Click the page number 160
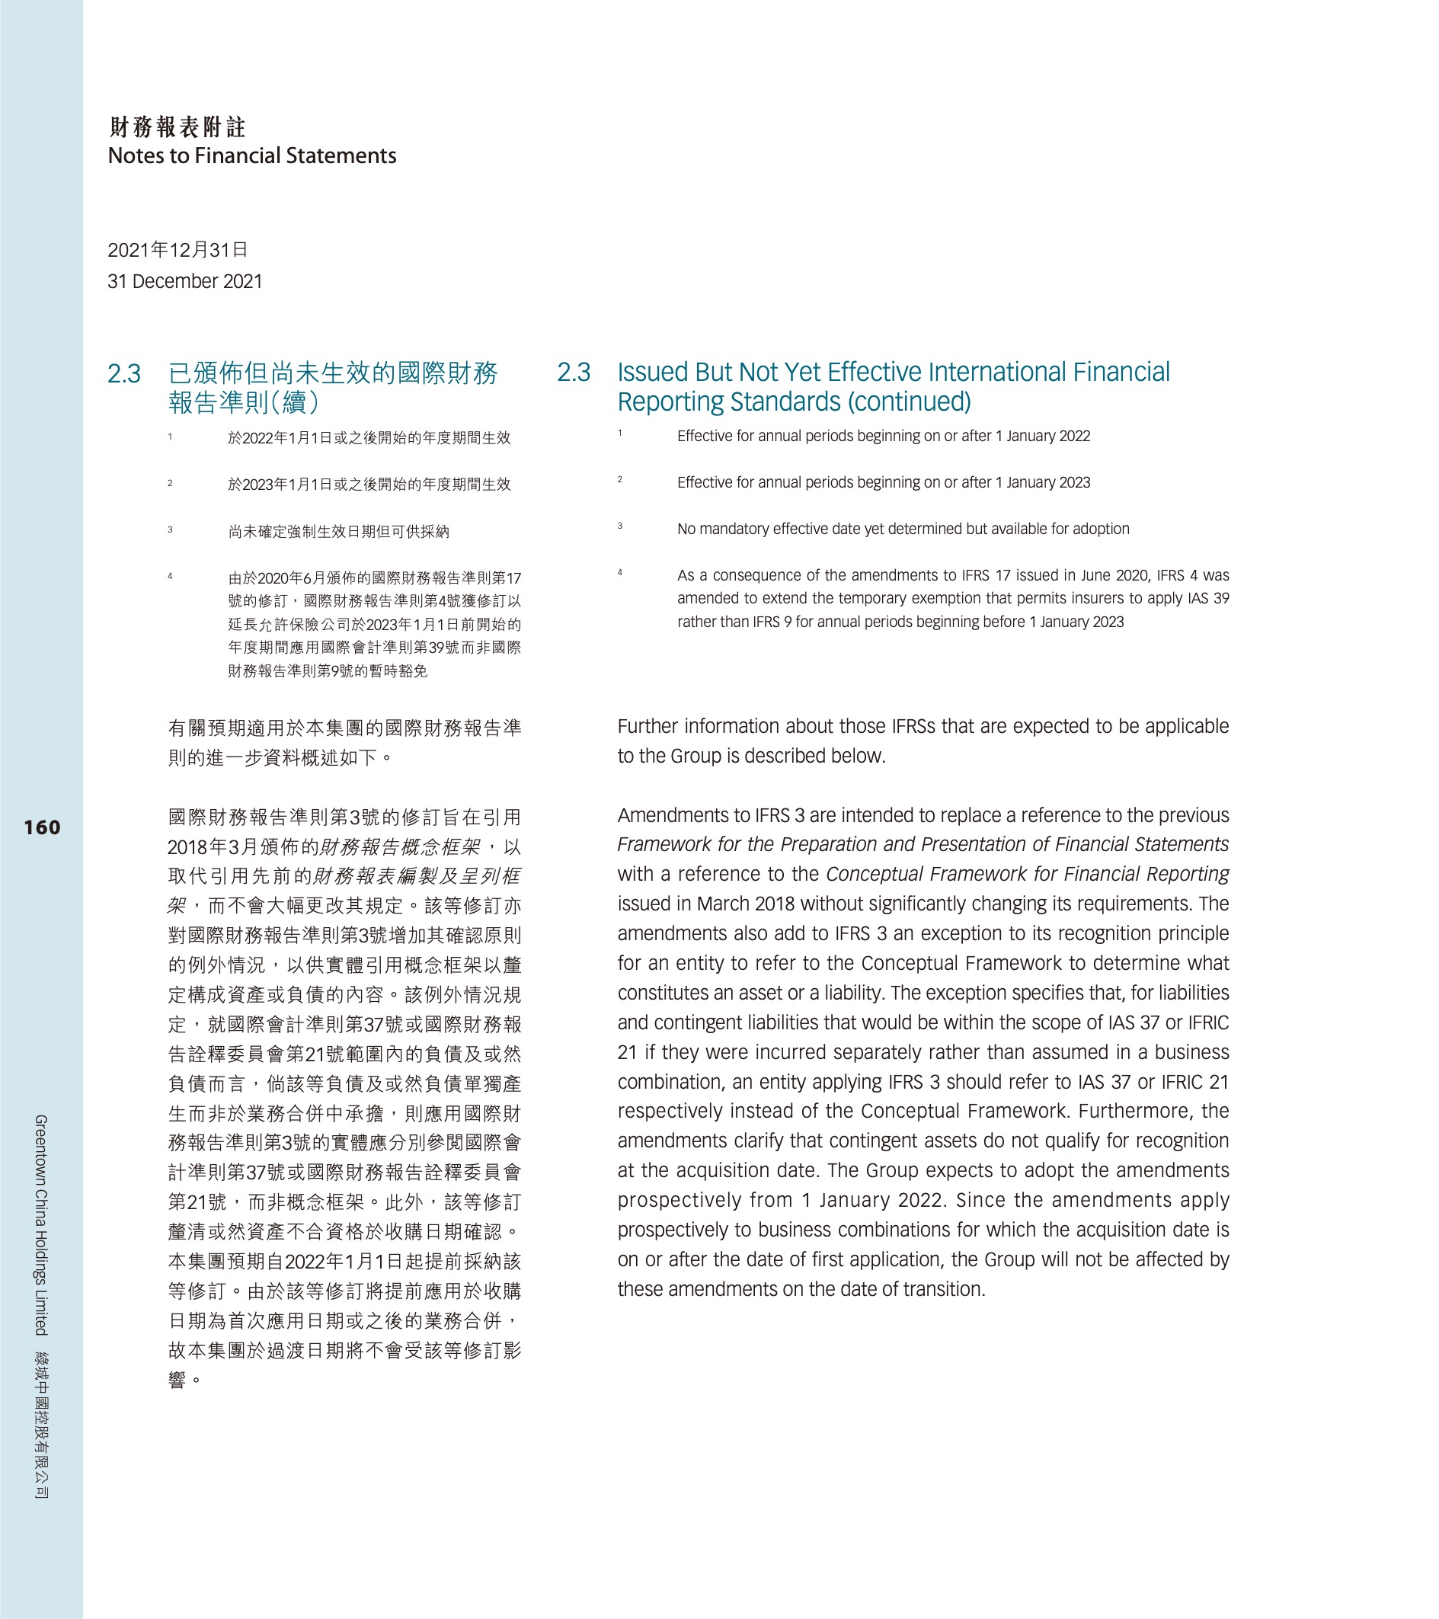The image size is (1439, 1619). pos(42,827)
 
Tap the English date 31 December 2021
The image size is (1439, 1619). pos(184,282)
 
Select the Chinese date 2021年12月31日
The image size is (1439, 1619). pos(177,251)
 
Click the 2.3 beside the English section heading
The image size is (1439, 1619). pos(574,373)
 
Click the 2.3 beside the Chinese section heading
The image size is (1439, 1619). pos(124,374)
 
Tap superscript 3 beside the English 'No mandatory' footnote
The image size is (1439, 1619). pos(620,526)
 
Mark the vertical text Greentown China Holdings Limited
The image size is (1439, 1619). pos(41,1224)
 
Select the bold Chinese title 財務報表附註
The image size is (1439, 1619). pos(177,126)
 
